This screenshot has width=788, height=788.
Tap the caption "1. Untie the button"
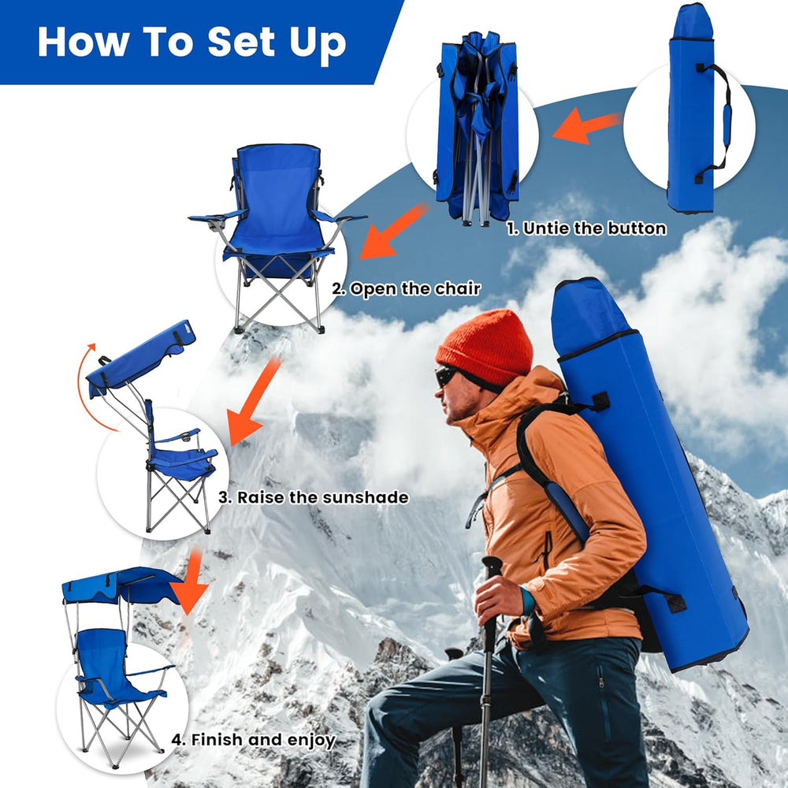click(586, 229)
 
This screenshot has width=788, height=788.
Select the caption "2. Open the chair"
click(406, 288)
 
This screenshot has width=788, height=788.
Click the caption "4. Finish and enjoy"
click(254, 740)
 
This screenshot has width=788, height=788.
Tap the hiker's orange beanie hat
click(486, 347)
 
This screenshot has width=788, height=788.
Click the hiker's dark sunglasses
click(446, 376)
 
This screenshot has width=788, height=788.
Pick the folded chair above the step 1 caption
click(477, 126)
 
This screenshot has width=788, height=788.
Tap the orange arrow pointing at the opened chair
click(392, 232)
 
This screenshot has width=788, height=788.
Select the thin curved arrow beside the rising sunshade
click(84, 386)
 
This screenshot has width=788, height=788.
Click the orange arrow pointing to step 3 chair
click(254, 402)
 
